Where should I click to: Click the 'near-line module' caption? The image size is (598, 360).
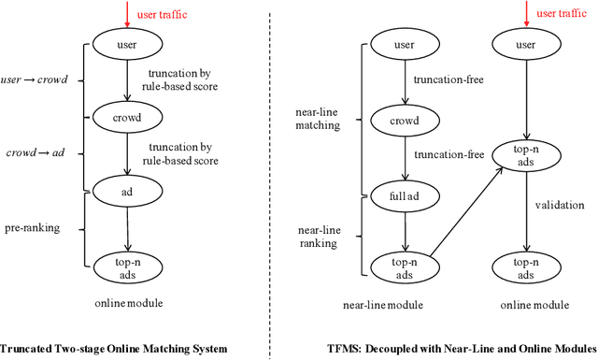(405, 305)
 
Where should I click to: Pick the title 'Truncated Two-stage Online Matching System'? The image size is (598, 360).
(115, 349)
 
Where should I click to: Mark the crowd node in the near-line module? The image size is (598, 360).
(405, 122)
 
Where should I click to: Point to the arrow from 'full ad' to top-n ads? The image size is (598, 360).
(405, 233)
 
